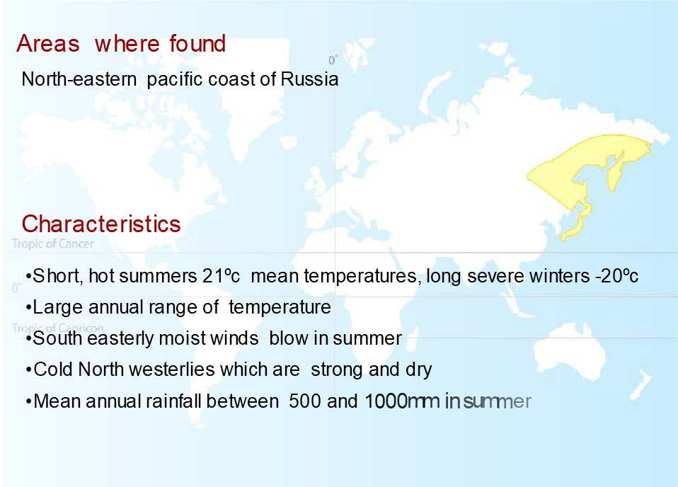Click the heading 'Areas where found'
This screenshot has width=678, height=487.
tap(121, 44)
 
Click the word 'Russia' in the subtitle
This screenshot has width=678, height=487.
tap(309, 79)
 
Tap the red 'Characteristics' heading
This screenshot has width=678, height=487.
tap(101, 224)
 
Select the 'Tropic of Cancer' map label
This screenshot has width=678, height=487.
tap(53, 244)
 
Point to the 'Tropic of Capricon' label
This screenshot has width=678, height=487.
tap(58, 328)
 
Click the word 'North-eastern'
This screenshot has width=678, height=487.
tap(79, 79)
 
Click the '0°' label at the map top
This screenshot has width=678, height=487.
tap(333, 60)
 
